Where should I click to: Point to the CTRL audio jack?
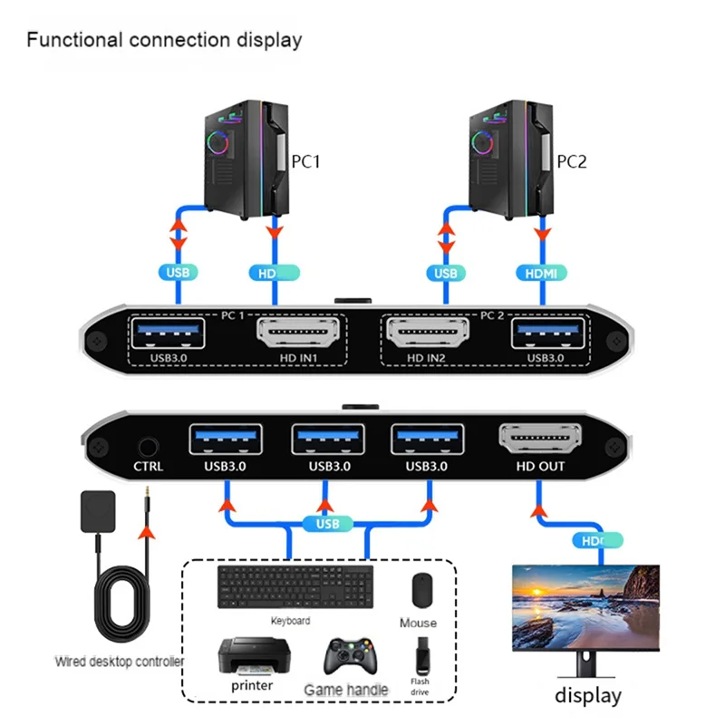tap(147, 446)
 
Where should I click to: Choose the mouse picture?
tap(419, 591)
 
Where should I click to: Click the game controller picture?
tap(345, 656)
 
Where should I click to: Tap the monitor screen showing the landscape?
tap(585, 604)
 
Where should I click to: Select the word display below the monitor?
tap(588, 696)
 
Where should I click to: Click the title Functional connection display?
tap(164, 40)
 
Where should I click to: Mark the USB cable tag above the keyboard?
tap(327, 524)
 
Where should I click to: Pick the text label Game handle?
tap(345, 691)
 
